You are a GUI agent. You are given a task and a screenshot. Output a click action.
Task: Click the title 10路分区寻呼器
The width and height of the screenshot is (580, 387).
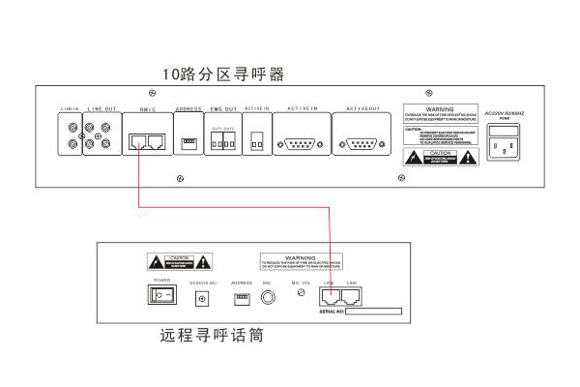pyautogui.click(x=223, y=74)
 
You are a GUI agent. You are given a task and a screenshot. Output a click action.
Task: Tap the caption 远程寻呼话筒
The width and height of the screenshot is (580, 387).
pyautogui.click(x=212, y=338)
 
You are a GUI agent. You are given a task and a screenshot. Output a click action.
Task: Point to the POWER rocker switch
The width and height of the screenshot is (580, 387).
pyautogui.click(x=161, y=294)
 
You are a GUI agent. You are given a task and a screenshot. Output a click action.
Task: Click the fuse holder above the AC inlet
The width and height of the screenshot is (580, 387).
pyautogui.click(x=508, y=129)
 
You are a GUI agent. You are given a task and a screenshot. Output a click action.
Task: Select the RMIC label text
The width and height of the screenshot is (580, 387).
pyautogui.click(x=148, y=110)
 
